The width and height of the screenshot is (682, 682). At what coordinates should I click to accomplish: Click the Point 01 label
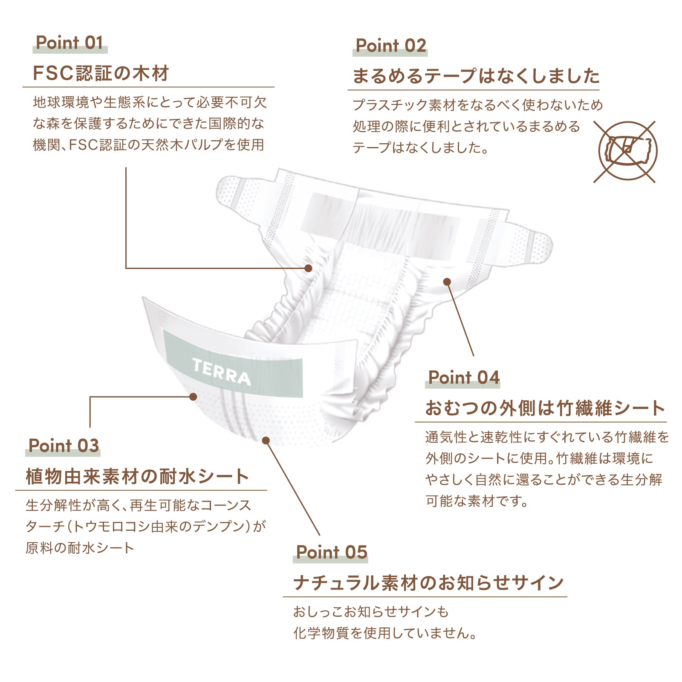69,43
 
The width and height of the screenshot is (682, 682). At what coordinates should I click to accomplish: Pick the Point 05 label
332,552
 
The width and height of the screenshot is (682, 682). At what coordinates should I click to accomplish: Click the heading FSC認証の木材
101,73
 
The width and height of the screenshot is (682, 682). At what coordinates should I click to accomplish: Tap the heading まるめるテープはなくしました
476,76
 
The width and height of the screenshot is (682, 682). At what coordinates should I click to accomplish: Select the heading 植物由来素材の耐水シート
137,476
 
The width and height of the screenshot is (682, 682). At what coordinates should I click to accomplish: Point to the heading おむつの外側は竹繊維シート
545,408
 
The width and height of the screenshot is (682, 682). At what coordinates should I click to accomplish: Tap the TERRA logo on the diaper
221,371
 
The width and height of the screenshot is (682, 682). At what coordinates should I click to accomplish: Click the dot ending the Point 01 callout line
308,268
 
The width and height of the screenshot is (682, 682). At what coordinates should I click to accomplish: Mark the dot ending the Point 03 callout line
193,397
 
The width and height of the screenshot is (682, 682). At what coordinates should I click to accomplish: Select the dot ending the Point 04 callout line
447,282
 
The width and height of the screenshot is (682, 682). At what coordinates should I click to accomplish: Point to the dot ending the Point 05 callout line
266,440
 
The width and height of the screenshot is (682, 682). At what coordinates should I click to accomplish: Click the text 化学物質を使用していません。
385,633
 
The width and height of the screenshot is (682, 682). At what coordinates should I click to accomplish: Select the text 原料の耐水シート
80,548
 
